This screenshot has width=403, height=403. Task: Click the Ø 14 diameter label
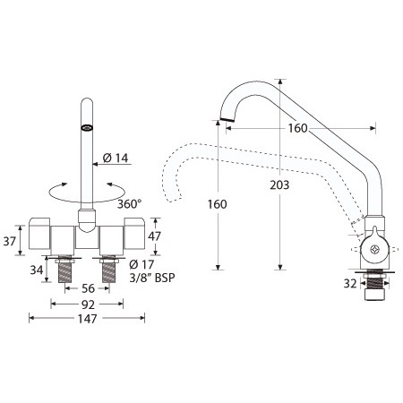click(116, 158)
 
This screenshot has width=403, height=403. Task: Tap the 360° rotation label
click(129, 204)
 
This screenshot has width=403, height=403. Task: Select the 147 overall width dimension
click(87, 319)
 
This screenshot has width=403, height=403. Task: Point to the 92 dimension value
click(88, 304)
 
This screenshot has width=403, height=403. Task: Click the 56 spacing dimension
click(88, 288)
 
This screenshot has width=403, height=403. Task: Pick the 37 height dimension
click(9, 241)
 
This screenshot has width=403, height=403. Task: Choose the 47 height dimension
click(154, 236)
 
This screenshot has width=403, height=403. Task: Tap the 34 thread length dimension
click(37, 270)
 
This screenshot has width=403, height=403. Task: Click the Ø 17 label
click(141, 264)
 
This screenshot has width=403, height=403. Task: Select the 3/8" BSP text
click(152, 278)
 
